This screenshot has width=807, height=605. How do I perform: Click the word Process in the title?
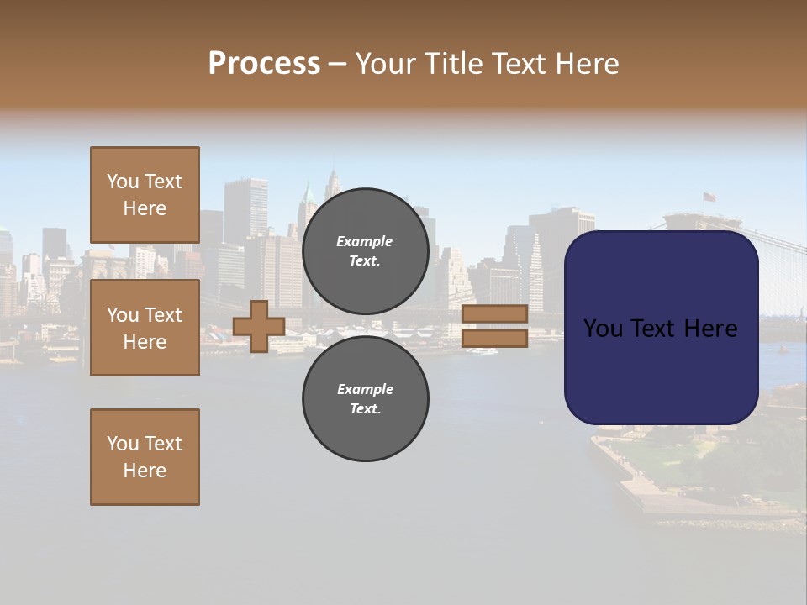coord(264,64)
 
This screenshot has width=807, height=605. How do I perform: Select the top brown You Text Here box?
coord(145,195)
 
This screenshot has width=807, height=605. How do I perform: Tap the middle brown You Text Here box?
coord(145,328)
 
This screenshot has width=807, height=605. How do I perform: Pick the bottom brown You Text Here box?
coord(145,457)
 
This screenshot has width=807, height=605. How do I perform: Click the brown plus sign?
coord(258,327)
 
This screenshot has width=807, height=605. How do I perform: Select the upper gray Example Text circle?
coord(365,251)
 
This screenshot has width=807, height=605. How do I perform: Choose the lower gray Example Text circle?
coord(365,399)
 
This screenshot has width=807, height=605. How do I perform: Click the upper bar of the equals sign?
coord(494,314)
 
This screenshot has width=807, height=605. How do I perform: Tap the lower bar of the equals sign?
coord(494,339)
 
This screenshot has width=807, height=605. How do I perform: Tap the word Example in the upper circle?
coord(364,242)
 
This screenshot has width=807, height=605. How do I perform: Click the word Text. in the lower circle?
coord(365,409)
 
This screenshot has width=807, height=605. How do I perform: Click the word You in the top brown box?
coord(123,181)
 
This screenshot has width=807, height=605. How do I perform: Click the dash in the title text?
coord(337,66)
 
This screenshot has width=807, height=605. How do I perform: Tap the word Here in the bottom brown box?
coord(145,471)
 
